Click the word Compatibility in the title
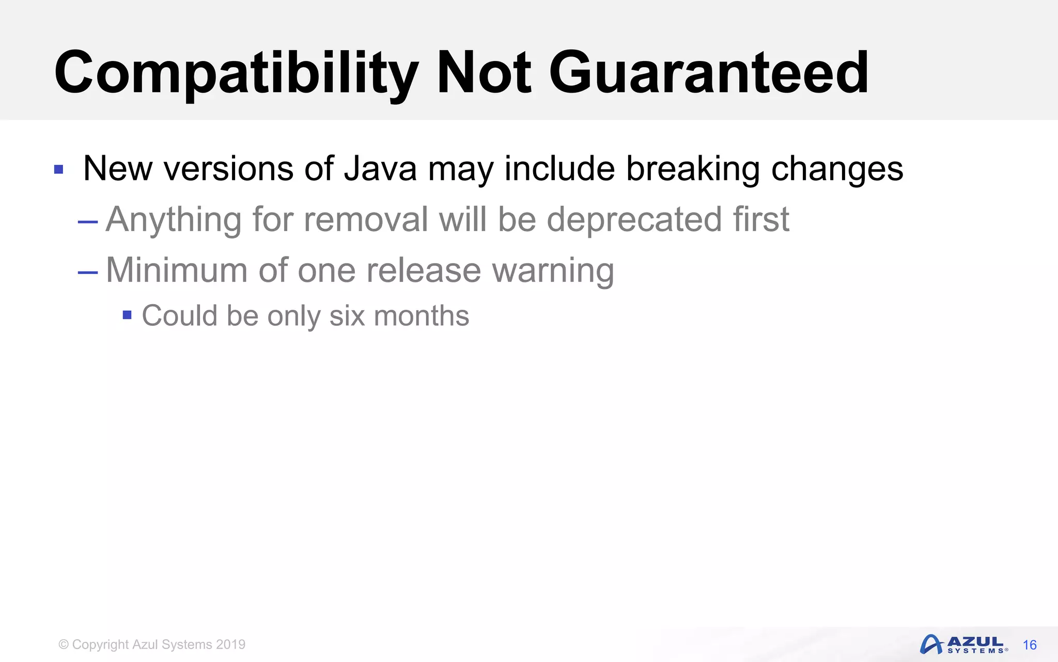(236, 73)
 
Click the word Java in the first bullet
(380, 169)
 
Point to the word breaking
(693, 170)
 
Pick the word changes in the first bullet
(837, 170)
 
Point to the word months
(422, 315)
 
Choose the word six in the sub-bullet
(347, 315)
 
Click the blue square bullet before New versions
(59, 170)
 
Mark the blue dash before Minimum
(88, 273)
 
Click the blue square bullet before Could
(127, 315)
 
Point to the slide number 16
(1030, 645)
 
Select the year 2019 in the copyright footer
(231, 644)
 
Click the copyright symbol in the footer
(64, 644)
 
